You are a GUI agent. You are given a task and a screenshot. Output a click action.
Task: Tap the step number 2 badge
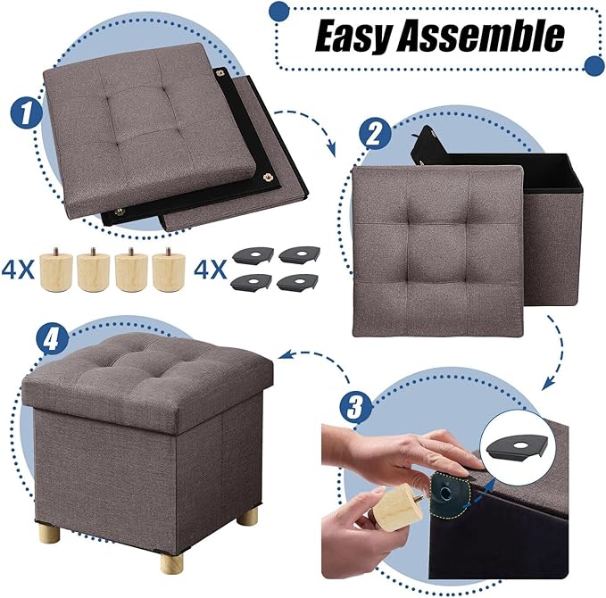pos(376,136)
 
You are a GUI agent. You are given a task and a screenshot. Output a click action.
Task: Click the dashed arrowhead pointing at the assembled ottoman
pos(286,355)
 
